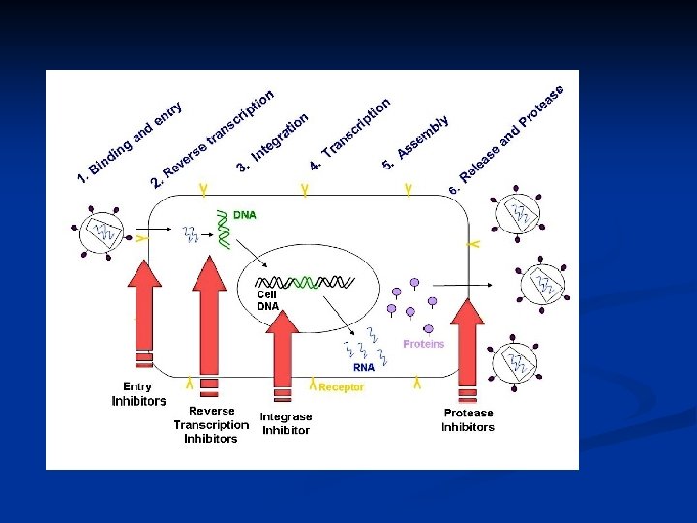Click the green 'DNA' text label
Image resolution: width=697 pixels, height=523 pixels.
click(x=245, y=215)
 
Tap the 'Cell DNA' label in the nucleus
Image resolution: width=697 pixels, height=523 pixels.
click(x=267, y=300)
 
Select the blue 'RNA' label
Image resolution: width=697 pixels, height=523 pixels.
click(x=364, y=368)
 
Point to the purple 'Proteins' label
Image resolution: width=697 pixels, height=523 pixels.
click(x=423, y=344)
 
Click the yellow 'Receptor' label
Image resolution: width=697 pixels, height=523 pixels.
click(x=341, y=387)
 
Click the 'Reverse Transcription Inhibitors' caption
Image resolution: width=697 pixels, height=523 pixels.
click(x=211, y=424)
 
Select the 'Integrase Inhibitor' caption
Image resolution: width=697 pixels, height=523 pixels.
click(x=286, y=423)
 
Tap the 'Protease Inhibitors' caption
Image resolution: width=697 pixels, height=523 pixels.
click(x=469, y=420)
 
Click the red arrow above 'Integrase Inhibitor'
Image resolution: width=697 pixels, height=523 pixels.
click(x=283, y=349)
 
